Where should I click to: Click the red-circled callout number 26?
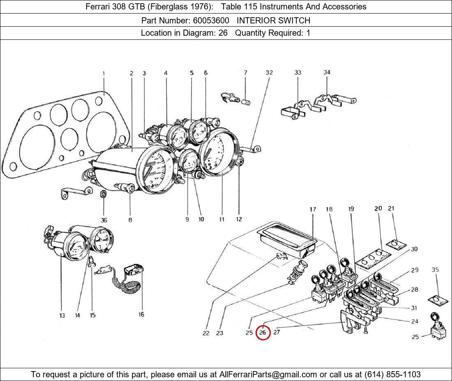pos(263,332)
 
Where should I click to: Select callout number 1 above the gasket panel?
pos(104,74)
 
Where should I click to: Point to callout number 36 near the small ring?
pos(104,220)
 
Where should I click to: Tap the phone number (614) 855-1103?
pos(392,374)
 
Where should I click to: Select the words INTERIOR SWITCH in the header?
pos(273,20)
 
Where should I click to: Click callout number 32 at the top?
pos(269,73)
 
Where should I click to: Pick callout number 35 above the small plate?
pos(436,270)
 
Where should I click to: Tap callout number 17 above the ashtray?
pos(313,209)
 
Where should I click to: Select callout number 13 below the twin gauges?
pos(62,315)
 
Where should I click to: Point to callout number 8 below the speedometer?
pos(130,220)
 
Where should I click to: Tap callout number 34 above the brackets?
pos(327,73)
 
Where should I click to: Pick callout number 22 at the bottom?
pos(206,333)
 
